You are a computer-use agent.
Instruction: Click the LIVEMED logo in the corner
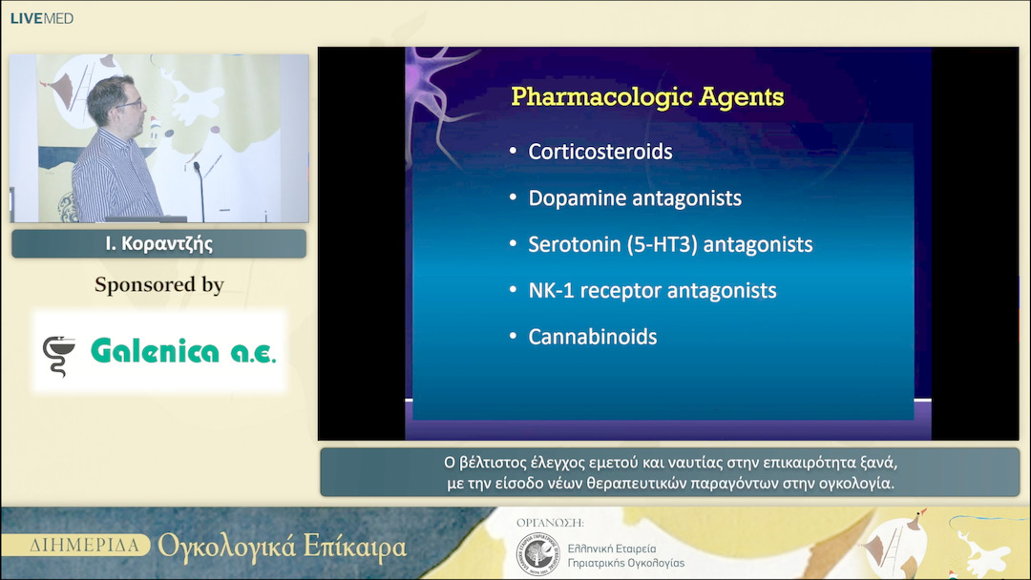pyautogui.click(x=41, y=18)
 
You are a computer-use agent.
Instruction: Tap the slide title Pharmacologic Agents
pyautogui.click(x=647, y=96)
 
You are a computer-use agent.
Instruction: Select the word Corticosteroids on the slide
pyautogui.click(x=600, y=152)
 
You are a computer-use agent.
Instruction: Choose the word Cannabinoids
pyautogui.click(x=593, y=337)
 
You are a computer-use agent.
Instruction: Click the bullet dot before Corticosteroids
pyautogui.click(x=513, y=151)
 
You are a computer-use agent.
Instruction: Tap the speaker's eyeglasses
pyautogui.click(x=130, y=104)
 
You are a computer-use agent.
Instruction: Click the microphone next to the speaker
pyautogui.click(x=200, y=191)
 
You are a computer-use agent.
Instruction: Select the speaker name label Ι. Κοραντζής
pyautogui.click(x=159, y=243)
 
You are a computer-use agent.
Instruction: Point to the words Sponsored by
pyautogui.click(x=159, y=284)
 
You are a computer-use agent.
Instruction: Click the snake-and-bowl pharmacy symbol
pyautogui.click(x=58, y=356)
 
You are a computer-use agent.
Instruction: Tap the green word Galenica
pyautogui.click(x=156, y=351)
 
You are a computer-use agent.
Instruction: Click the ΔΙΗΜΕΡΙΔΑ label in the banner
pyautogui.click(x=84, y=546)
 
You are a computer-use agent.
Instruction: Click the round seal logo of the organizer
pyautogui.click(x=537, y=554)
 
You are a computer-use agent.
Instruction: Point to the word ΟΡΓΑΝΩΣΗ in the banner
pyautogui.click(x=550, y=523)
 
